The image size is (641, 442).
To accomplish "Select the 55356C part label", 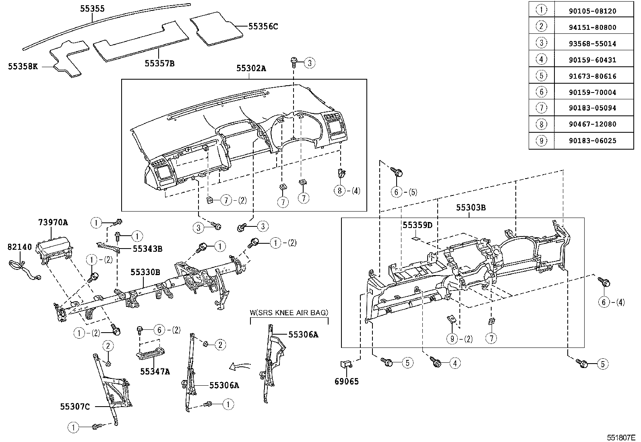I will point(263,27).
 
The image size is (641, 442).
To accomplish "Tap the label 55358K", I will point(23,66).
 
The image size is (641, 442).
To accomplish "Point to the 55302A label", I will point(251,68).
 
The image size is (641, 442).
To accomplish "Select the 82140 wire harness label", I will point(19,247).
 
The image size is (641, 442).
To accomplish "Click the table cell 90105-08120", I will point(593,11).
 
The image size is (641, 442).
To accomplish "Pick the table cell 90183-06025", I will point(593,140).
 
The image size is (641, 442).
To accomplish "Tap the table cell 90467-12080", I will point(593,124).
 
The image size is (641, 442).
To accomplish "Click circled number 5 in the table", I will point(541,76).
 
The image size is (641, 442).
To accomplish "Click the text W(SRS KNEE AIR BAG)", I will point(289,312).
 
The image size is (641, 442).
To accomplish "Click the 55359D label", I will point(417,225).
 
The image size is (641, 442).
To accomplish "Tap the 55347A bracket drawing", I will point(151,354).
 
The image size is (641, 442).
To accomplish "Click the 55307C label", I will point(75,407).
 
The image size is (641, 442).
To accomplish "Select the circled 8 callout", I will point(339,191).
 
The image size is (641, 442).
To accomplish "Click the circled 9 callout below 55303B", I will point(452,339).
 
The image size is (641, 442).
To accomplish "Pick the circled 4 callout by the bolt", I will point(455,364).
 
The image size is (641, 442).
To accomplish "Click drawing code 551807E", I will point(621,437).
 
